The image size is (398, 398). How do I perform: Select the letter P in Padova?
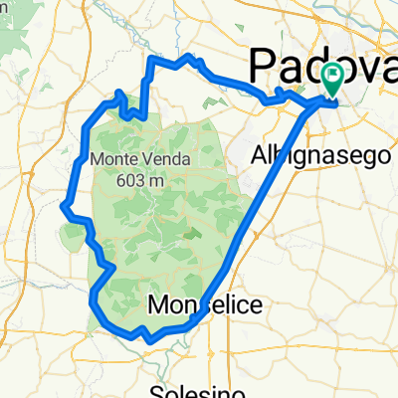click(x=262, y=66)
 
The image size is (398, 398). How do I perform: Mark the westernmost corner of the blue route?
click(x=64, y=207)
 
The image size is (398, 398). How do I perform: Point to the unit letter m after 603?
click(x=155, y=181)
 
